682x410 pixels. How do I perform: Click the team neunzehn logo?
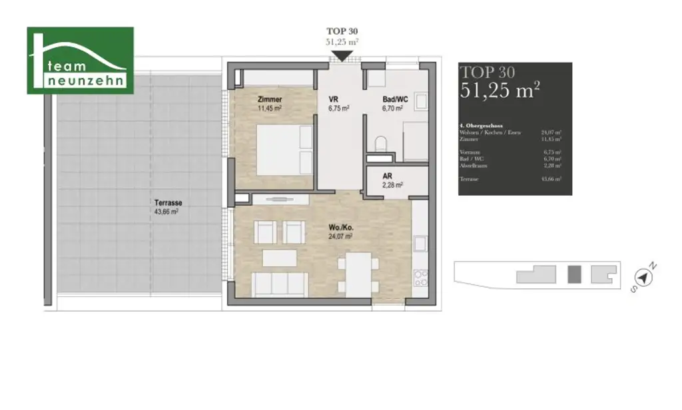[80, 61]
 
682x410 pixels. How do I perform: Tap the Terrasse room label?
[169, 203]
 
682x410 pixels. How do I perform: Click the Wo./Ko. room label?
[340, 228]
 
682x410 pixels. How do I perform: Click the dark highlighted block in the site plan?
[573, 274]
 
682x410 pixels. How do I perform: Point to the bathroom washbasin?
[421, 101]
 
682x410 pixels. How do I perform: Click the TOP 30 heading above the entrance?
[343, 31]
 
